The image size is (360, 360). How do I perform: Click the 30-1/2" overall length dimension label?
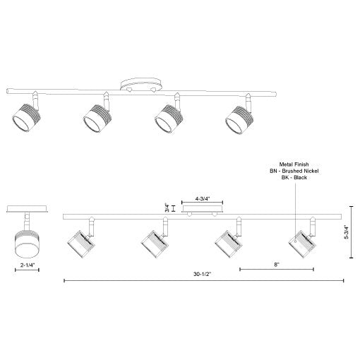pyautogui.click(x=204, y=274)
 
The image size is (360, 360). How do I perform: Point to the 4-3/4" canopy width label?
pyautogui.click(x=205, y=200)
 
